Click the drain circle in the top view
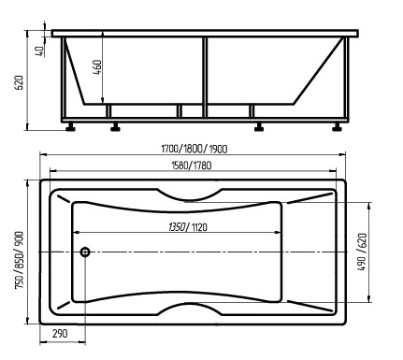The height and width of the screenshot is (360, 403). point(85,252)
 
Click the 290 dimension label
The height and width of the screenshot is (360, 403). point(60,334)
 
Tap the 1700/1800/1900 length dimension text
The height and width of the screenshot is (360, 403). point(194,149)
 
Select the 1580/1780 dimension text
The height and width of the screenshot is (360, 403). point(192,166)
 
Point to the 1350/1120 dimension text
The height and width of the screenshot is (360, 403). point(188,227)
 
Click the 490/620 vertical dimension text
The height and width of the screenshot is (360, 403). point(362,252)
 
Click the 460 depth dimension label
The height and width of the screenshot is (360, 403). point(97,66)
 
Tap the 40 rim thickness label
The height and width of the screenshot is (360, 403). point(40,51)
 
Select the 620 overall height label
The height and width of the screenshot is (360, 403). point(20,82)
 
